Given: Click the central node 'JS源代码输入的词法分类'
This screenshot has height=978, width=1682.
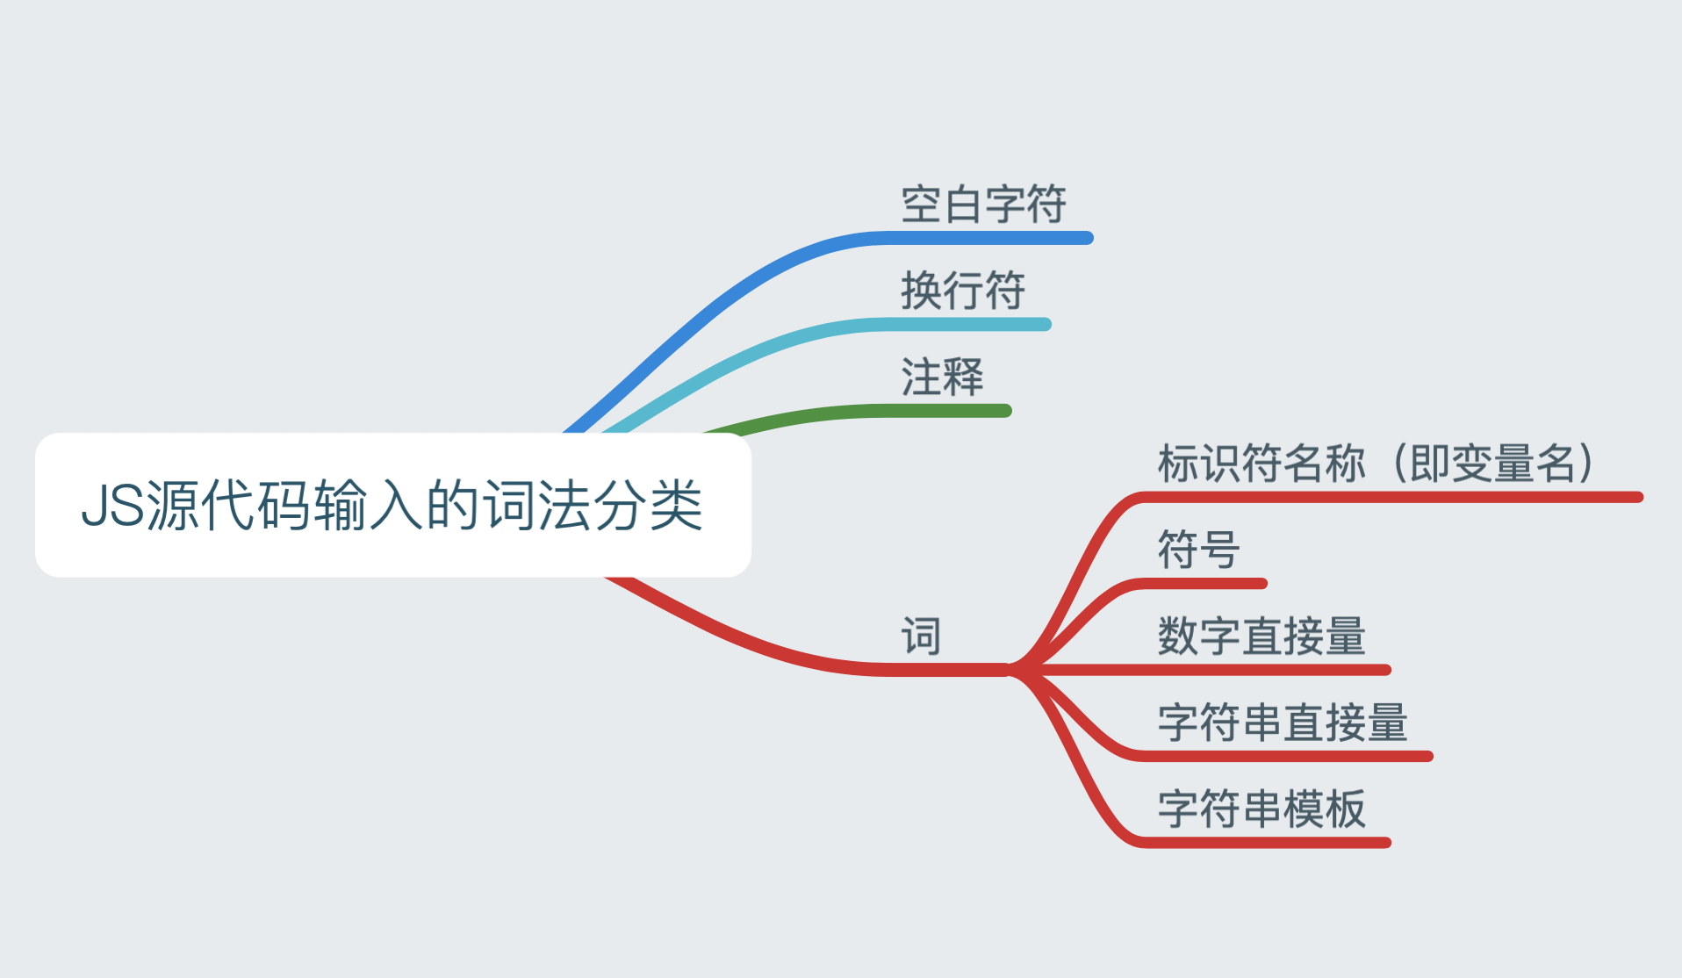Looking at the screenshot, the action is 392,505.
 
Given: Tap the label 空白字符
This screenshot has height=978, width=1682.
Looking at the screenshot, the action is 983,205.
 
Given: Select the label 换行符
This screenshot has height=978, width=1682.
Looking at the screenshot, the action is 963,291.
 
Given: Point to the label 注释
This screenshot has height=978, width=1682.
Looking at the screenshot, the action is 942,377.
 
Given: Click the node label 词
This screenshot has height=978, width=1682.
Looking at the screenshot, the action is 921,636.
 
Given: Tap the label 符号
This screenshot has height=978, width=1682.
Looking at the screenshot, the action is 1198,550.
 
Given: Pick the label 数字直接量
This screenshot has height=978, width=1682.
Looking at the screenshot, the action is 1261,636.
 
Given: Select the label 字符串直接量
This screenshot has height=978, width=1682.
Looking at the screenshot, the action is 1283,722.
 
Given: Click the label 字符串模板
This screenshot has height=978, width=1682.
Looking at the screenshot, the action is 1261,808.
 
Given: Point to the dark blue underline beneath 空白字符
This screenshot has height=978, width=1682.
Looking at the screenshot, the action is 983,238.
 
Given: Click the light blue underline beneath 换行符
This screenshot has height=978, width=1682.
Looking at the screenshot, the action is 966,325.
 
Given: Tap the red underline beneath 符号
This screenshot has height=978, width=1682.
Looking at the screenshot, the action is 1203,584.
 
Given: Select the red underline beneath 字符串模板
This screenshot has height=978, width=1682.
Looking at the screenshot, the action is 1264,843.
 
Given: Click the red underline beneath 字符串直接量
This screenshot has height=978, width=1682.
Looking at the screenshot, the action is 1282,756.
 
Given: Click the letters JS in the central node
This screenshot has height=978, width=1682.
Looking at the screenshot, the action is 112,505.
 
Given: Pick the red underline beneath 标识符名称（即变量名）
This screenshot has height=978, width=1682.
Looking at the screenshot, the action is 1387,498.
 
